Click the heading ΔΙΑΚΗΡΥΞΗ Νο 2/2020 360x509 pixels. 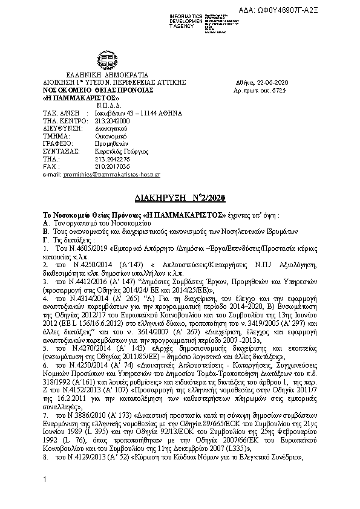click(178, 197)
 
